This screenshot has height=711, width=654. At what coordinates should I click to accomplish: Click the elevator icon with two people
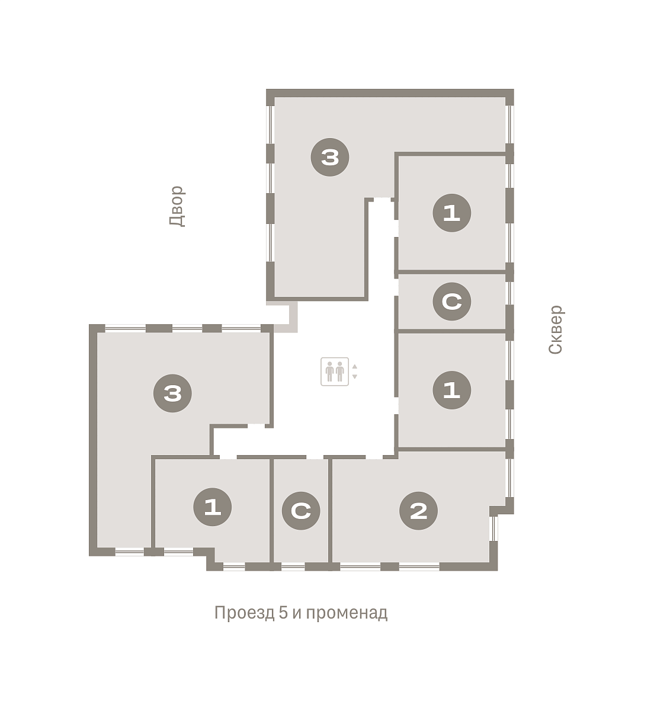click(x=335, y=371)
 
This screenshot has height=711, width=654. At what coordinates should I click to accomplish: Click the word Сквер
click(x=556, y=329)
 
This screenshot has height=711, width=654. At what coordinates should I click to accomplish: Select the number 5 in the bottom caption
click(x=283, y=613)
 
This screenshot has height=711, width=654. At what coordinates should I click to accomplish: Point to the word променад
click(x=347, y=613)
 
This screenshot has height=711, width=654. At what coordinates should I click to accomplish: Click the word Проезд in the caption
click(x=245, y=613)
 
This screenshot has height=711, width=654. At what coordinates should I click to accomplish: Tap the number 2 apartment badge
click(x=418, y=511)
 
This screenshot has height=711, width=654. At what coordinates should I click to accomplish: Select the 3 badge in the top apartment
click(x=329, y=157)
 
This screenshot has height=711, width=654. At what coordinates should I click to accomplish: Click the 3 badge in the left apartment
click(x=172, y=393)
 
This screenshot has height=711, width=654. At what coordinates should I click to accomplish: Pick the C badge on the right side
click(x=451, y=301)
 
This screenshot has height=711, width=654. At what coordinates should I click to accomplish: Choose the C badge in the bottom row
click(x=301, y=511)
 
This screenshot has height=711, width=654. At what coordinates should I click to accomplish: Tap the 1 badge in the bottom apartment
click(x=212, y=507)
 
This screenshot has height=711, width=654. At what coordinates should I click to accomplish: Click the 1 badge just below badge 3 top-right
click(x=451, y=213)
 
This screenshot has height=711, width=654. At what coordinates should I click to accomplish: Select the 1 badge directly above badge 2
click(x=451, y=390)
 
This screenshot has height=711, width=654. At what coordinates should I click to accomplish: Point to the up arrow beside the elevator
click(x=354, y=367)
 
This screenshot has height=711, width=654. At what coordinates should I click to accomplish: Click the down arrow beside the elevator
click(x=354, y=376)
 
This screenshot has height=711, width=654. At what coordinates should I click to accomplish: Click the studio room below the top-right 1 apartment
click(x=452, y=301)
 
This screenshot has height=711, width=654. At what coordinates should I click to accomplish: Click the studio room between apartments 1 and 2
click(x=301, y=510)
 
